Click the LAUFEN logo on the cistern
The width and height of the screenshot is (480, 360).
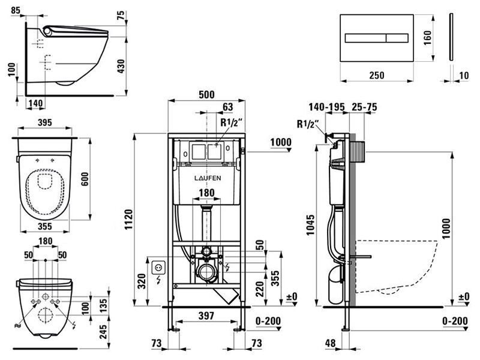[208, 178]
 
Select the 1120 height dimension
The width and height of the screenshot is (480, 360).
[128, 219]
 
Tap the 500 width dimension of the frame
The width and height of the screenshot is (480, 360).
[206, 95]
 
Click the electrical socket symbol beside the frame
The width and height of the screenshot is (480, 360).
[159, 267]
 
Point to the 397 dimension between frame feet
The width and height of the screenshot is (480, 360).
[206, 316]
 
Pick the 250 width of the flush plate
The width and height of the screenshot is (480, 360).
[377, 76]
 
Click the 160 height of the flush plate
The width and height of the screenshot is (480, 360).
[428, 38]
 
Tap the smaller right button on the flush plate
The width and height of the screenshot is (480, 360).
[397, 38]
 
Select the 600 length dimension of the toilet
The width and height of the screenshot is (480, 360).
[85, 179]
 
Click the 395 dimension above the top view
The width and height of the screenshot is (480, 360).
[44, 122]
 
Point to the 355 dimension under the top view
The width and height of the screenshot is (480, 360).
[44, 227]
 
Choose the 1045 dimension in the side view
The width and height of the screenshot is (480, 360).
[311, 224]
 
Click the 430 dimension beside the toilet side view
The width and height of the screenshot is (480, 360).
[121, 66]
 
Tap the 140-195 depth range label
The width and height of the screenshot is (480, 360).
[326, 107]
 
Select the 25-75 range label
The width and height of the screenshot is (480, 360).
[364, 107]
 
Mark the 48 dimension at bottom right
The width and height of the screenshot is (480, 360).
[331, 343]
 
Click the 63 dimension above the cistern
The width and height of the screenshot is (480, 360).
[227, 107]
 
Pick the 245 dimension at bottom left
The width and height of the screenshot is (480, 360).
[103, 332]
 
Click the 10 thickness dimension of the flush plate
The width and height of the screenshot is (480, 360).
[464, 76]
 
